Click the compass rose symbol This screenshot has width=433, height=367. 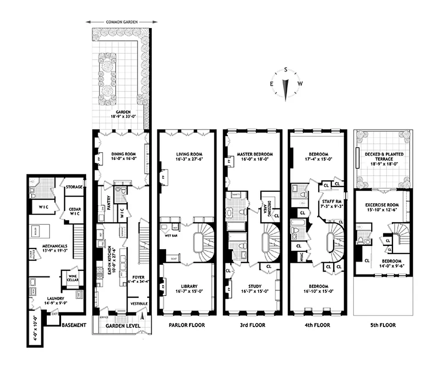pos(285,84)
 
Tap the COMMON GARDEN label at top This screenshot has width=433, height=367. pos(122,22)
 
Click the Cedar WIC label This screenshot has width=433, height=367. pos(75,211)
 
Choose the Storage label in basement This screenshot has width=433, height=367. pos(74,187)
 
